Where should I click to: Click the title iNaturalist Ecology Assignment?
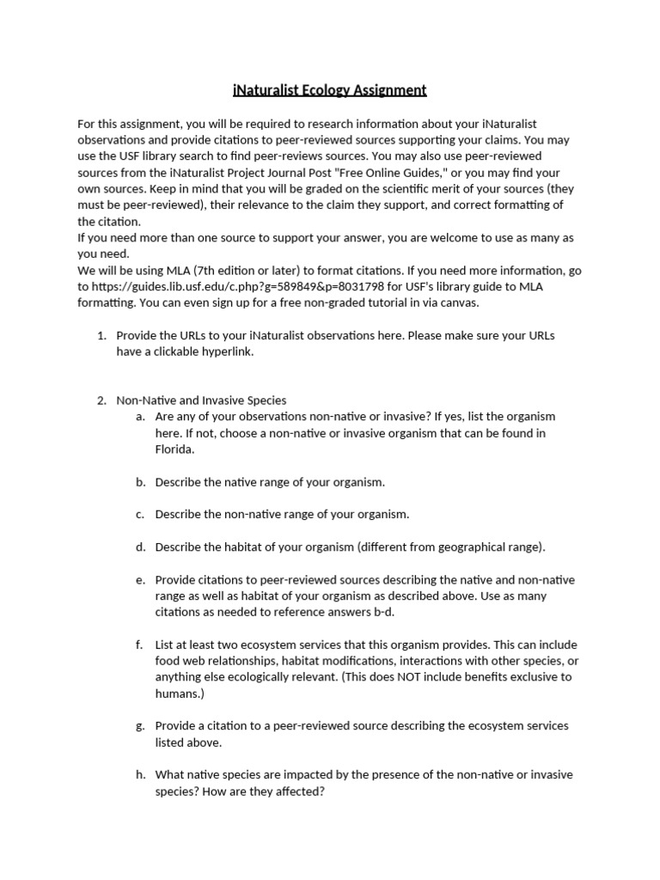tap(330, 89)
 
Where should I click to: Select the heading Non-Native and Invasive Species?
tap(201, 400)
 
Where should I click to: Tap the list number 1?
tap(101, 335)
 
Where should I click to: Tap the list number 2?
tap(101, 400)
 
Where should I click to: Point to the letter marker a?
tap(139, 417)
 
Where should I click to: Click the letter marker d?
tap(139, 547)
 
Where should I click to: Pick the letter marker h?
tap(139, 775)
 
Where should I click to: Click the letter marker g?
tap(139, 726)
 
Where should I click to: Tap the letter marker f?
tap(139, 645)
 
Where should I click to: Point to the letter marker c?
tap(139, 515)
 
